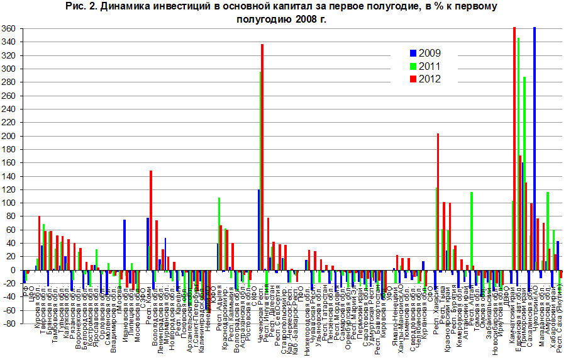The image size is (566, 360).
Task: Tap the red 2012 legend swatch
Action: (x=413, y=79)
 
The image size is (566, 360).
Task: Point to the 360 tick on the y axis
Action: (x=9, y=29)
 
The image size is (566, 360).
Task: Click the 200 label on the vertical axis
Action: (x=9, y=136)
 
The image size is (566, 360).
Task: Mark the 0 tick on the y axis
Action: (x=13, y=270)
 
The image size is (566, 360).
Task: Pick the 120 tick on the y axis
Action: (x=9, y=189)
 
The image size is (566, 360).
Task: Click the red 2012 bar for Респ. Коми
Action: (x=151, y=220)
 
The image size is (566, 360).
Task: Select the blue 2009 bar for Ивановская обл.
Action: (x=125, y=245)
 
